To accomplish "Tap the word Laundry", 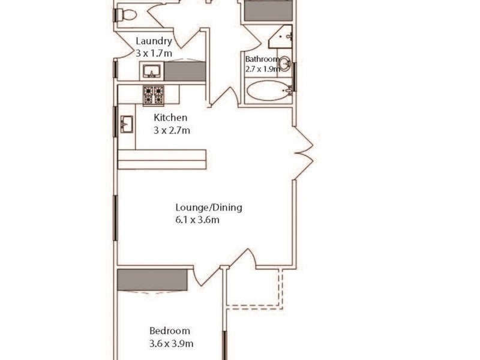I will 154,41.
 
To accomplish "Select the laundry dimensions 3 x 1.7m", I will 154,53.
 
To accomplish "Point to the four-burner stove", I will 153,95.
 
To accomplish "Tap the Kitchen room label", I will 171,118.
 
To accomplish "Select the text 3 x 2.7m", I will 172,130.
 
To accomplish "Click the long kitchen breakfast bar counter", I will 162,159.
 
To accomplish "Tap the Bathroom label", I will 262,59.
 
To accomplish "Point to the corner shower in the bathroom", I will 283,38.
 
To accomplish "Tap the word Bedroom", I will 170,331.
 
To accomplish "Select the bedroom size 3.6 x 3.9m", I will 171,344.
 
